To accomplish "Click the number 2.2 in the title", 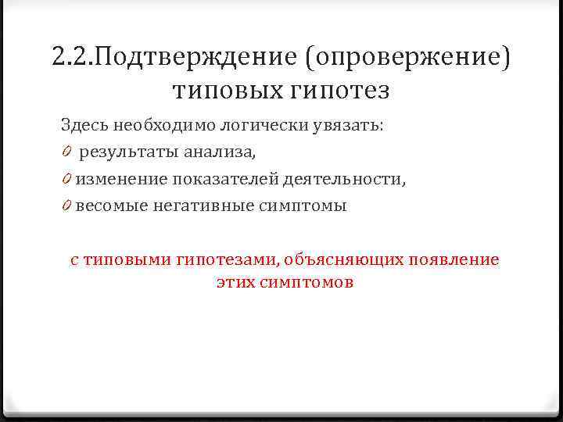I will [72, 57].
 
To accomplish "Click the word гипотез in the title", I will [342, 91].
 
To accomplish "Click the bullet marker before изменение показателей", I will [67, 179].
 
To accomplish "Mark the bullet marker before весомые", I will [67, 206].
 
